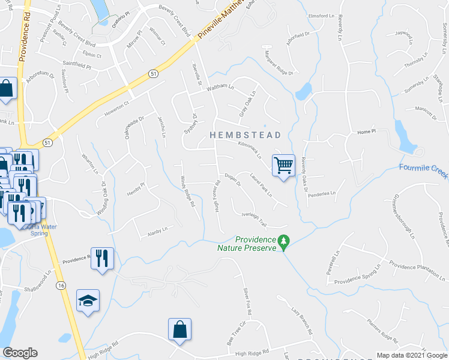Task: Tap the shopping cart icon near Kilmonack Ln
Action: [283, 164]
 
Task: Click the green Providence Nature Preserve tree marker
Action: [285, 242]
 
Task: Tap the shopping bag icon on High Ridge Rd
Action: [179, 329]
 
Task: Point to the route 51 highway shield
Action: [154, 73]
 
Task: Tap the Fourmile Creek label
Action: [424, 170]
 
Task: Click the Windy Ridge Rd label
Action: [187, 192]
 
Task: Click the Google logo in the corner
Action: [20, 353]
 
